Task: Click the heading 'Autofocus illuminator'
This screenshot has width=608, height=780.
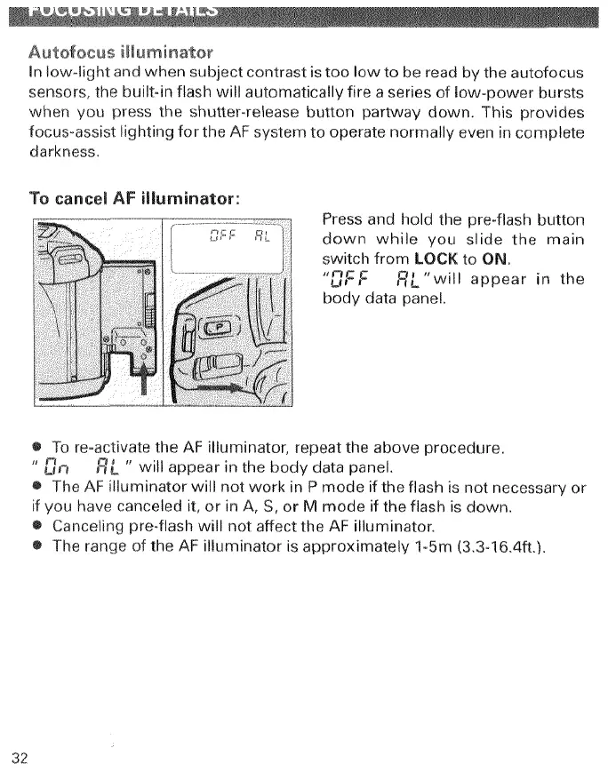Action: point(120,47)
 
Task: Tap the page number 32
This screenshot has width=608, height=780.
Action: point(20,757)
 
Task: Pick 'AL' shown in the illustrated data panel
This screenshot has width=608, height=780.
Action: point(262,237)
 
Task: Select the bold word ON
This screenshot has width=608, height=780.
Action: point(492,259)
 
